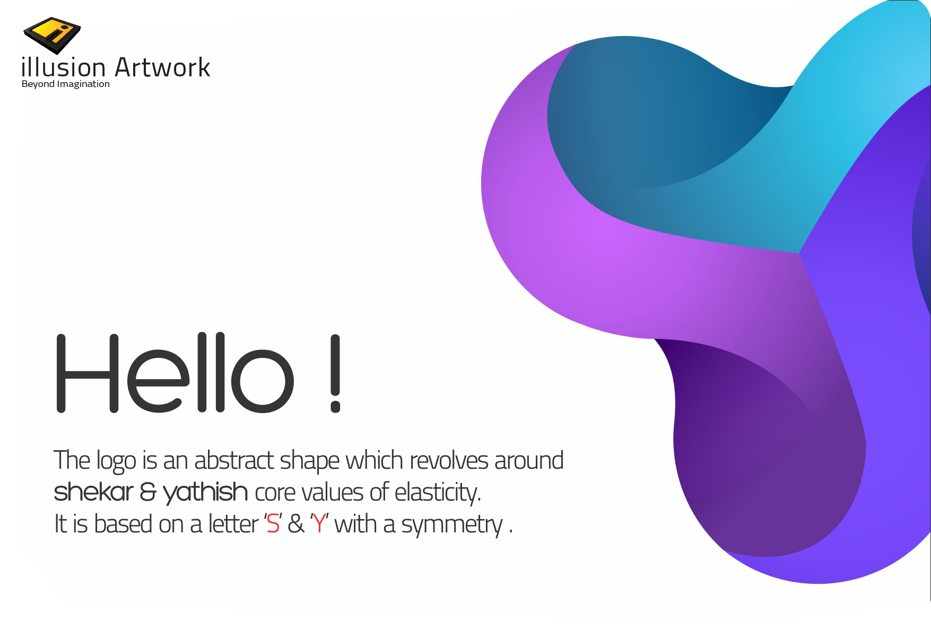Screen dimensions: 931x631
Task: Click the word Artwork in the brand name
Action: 162,67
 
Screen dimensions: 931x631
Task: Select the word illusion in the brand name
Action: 64,67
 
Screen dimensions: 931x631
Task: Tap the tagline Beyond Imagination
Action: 65,84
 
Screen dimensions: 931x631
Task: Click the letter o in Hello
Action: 263,380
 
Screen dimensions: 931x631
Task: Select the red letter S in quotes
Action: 273,524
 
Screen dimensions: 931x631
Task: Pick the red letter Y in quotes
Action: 319,524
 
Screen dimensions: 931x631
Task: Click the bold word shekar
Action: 93,492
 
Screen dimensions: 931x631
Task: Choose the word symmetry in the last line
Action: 451,525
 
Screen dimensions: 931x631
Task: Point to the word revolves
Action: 448,460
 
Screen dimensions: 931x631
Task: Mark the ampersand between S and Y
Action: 295,524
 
